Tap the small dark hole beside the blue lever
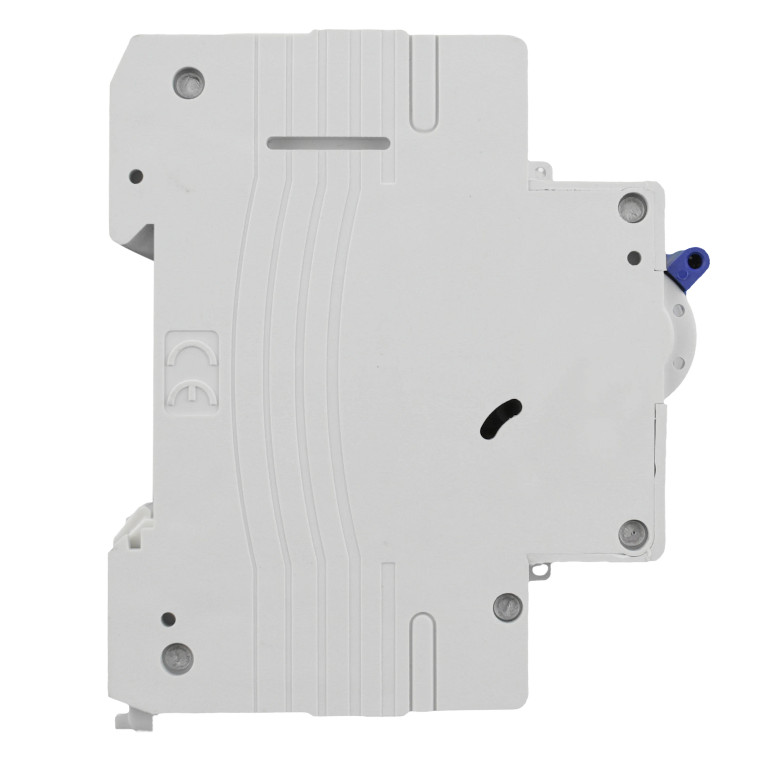pos(634,257)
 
